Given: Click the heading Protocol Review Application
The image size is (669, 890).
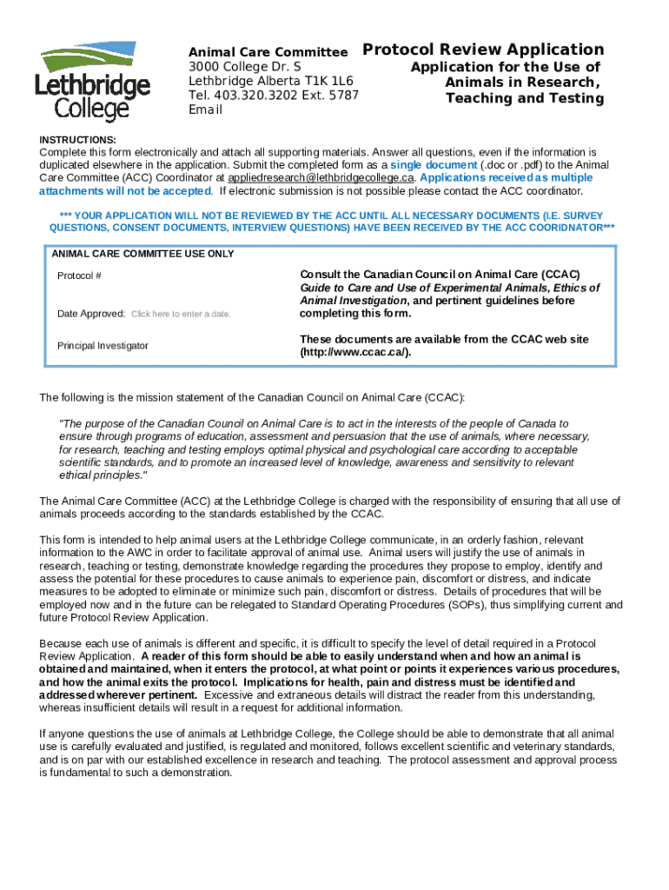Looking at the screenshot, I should pos(482,50).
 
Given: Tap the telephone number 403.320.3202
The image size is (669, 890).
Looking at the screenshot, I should pos(255,96).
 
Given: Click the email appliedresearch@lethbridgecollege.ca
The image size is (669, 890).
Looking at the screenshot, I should pos(315,177).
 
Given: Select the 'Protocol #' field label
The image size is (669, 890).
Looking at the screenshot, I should pos(79,276).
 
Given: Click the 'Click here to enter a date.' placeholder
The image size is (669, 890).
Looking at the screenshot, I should pos(180,314).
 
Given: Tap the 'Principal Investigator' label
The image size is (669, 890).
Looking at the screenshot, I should pos(103,346).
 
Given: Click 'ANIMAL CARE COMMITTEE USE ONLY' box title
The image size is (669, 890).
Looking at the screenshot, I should pos(142,255).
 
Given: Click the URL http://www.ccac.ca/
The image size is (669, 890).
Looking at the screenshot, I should pos(355,352).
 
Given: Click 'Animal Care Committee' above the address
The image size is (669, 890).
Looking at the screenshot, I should pos(268,52).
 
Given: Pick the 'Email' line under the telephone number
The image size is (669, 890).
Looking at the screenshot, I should pos(206,110).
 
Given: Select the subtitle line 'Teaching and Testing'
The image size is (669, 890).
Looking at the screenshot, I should pos(524,98).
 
